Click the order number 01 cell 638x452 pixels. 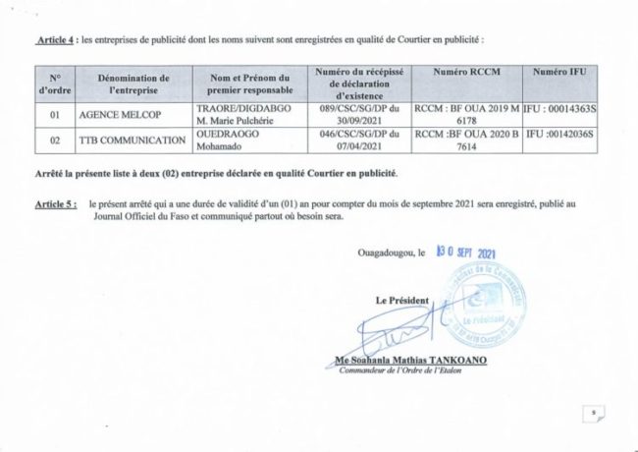pos(54,114)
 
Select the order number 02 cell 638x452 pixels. pos(54,143)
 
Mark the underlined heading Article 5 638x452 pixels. pos(58,201)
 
